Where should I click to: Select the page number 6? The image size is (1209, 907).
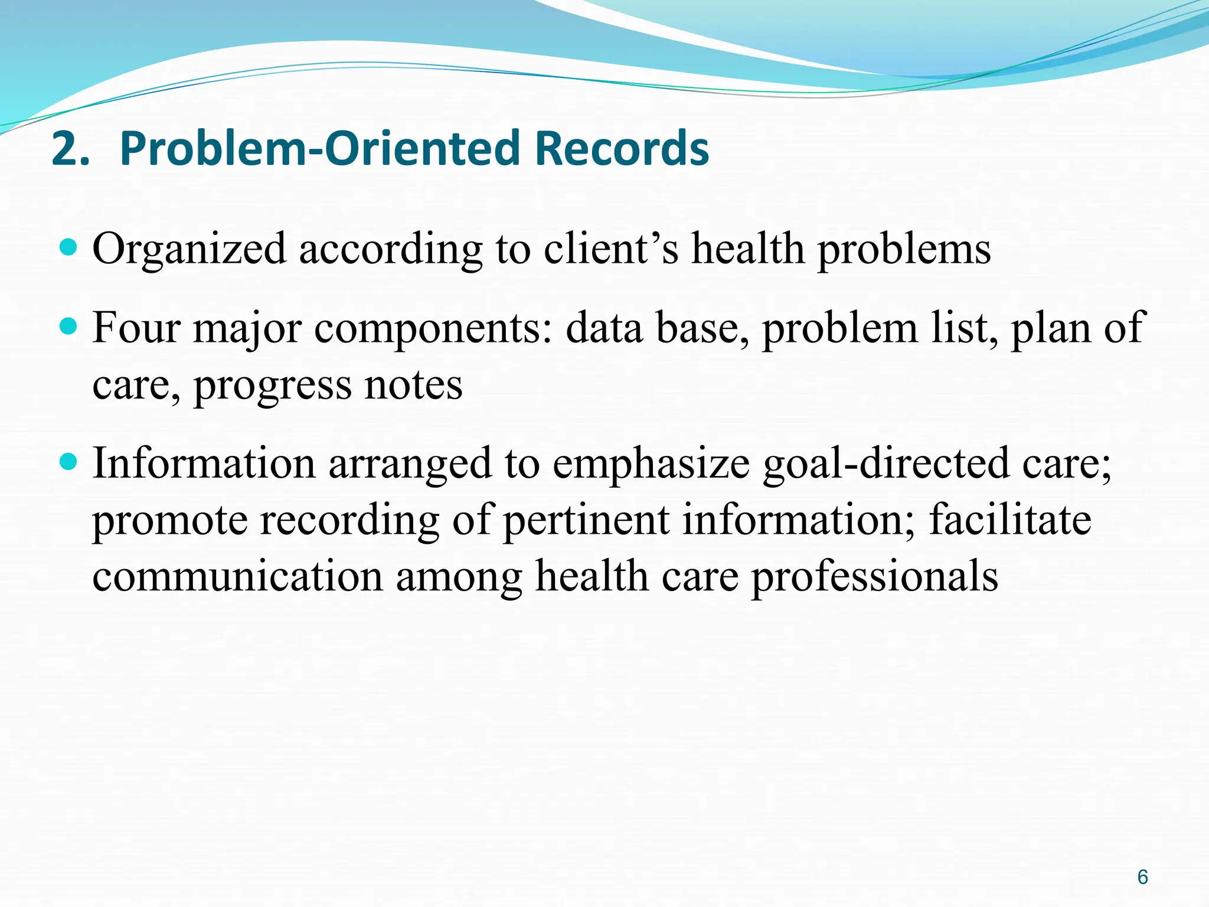(1142, 877)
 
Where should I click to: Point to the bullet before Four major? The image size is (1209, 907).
(69, 326)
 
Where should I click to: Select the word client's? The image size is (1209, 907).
(610, 248)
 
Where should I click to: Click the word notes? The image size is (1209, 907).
(413, 385)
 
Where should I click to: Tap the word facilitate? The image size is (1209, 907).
(1010, 520)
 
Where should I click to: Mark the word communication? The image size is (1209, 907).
(237, 576)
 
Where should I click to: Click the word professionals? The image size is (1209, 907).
(874, 576)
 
